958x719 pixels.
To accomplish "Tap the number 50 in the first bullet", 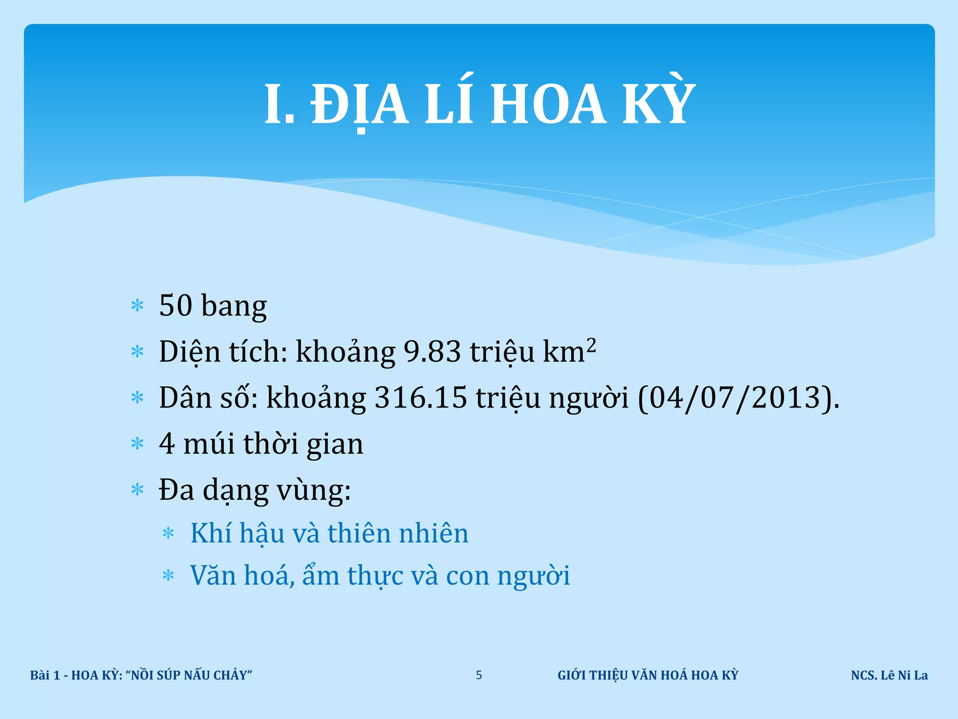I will click(x=176, y=305).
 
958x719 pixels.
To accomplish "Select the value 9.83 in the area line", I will click(x=432, y=352).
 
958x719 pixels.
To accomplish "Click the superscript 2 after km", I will click(x=591, y=345).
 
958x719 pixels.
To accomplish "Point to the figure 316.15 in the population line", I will click(x=421, y=397).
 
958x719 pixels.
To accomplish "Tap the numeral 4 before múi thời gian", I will click(x=167, y=443).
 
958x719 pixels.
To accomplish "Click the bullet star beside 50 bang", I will click(x=138, y=306).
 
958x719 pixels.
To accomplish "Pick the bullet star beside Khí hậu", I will click(x=168, y=533).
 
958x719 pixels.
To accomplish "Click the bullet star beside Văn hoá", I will click(x=168, y=575).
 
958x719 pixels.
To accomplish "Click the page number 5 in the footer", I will click(x=479, y=675).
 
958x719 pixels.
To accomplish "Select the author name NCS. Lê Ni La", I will click(x=889, y=675).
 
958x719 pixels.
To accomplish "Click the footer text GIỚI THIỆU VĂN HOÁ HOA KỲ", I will click(x=648, y=675).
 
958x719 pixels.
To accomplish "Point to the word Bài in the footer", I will click(x=40, y=675).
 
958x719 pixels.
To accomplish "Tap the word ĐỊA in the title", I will click(x=360, y=104).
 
